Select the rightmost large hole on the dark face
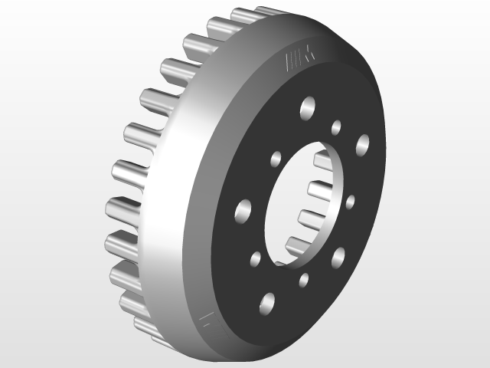click(362, 143)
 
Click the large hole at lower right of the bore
click(338, 255)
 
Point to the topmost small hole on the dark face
click(336, 127)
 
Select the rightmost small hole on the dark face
click(351, 202)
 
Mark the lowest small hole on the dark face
click(304, 280)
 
